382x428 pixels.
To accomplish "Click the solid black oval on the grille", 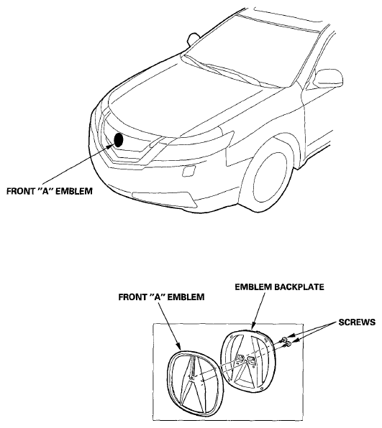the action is pyautogui.click(x=119, y=140).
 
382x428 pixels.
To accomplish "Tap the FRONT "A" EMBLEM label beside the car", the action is pyautogui.click(x=50, y=191).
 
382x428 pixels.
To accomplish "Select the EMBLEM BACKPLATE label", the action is pyautogui.click(x=279, y=287).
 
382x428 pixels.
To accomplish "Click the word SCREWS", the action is pyautogui.click(x=357, y=322).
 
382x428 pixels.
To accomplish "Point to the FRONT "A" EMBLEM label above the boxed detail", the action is pyautogui.click(x=161, y=297).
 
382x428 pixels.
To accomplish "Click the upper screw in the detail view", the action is pyautogui.click(x=284, y=340).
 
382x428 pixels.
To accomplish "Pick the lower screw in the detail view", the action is pyautogui.click(x=288, y=345).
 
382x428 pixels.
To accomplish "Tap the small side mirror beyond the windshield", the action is pyautogui.click(x=194, y=38).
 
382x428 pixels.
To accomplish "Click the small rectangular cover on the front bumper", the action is pyautogui.click(x=189, y=171).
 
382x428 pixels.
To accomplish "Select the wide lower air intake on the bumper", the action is pyautogui.click(x=164, y=198).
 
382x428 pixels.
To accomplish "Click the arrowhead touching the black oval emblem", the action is pyautogui.click(x=111, y=146).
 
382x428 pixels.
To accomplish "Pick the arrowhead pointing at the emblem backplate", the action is pyautogui.click(x=253, y=325).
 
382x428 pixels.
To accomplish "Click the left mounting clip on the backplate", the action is pyautogui.click(x=240, y=358).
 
